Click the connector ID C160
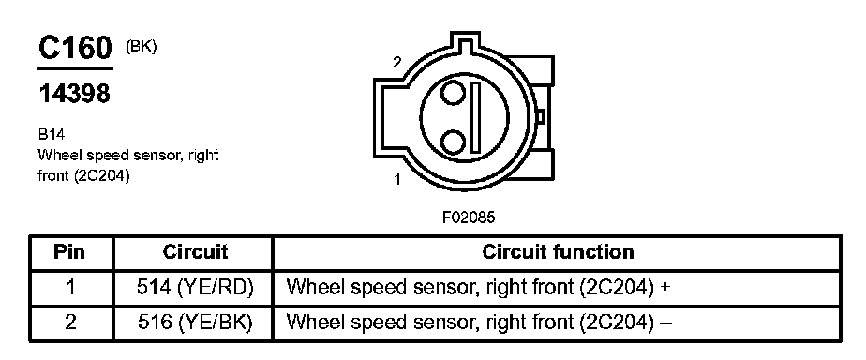75,48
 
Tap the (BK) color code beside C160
142,48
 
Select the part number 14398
74,94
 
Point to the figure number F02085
469,217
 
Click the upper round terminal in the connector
453,93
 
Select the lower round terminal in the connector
453,142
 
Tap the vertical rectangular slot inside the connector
475,117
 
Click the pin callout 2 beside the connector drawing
397,63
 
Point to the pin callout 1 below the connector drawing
397,179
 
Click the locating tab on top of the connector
463,41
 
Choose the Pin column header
70,252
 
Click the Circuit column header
195,252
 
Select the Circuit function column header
558,252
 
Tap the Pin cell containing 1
70,288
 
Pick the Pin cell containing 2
70,322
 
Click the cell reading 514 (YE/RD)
195,288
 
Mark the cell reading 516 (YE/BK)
195,322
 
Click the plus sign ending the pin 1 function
665,288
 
